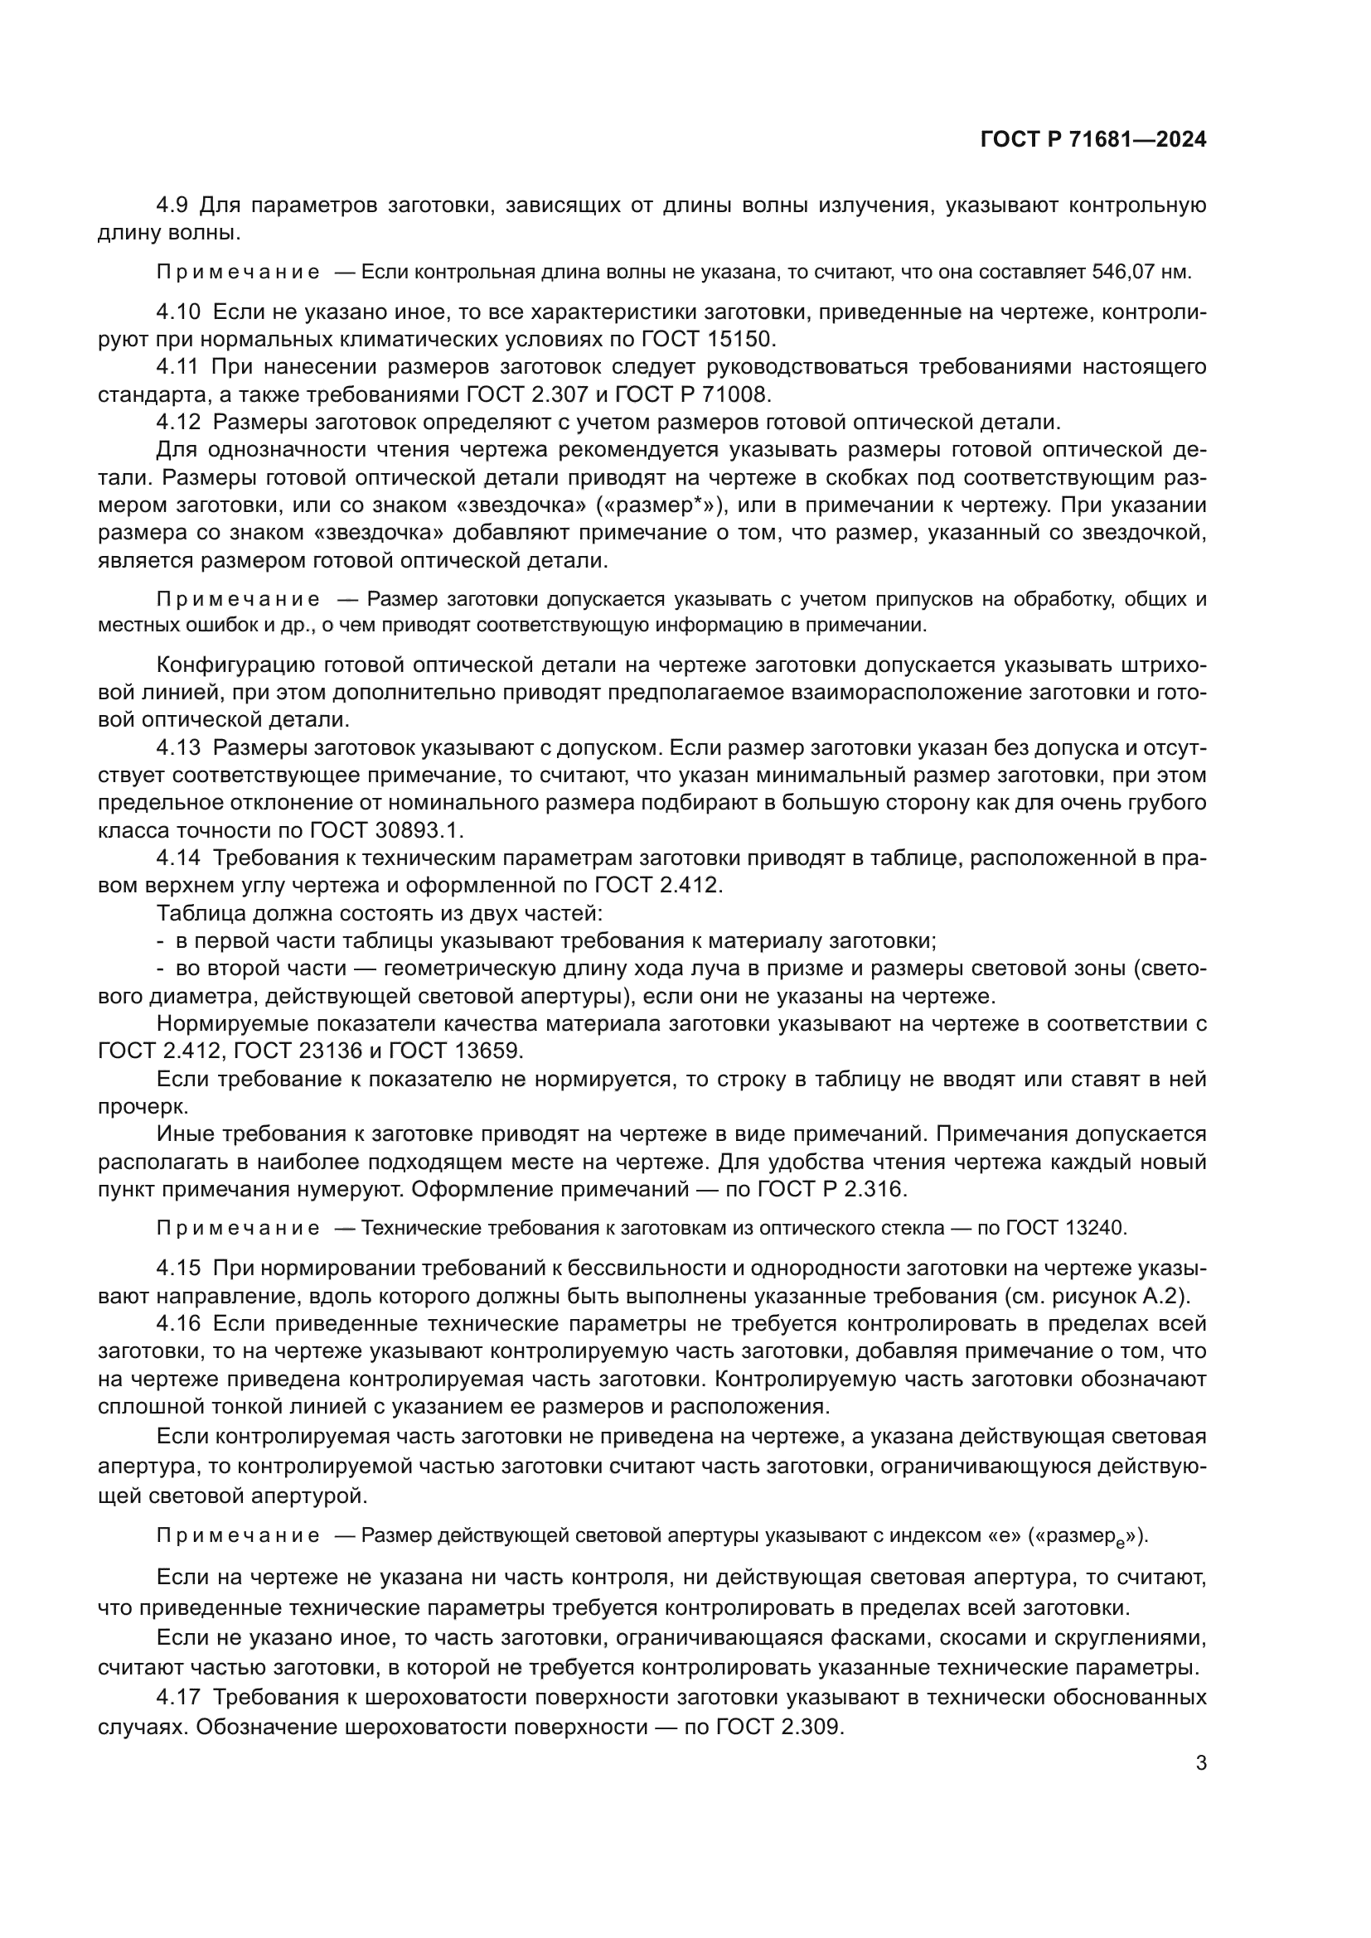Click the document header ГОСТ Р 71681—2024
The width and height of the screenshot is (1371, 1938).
point(1093,140)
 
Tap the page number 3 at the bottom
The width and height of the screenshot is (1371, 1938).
point(1200,1763)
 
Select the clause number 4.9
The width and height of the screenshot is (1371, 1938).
point(172,205)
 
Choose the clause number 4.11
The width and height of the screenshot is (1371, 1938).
point(177,367)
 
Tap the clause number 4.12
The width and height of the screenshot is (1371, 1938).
point(177,422)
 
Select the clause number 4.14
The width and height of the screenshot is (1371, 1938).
point(177,858)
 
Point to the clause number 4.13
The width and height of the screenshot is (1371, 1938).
point(177,748)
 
